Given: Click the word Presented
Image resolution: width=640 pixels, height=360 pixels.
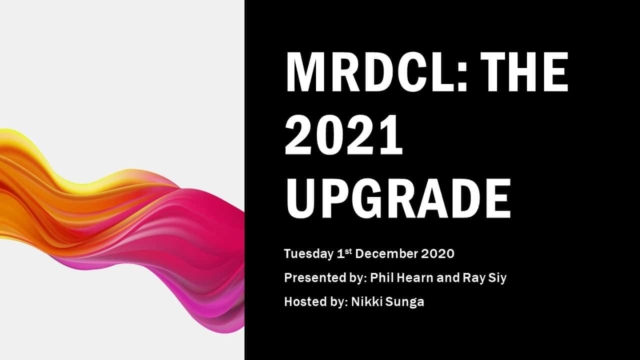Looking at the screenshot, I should (x=318, y=275).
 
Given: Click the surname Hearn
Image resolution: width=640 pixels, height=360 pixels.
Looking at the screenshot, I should (x=435, y=275).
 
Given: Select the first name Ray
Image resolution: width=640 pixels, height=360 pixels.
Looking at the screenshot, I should (x=497, y=275).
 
